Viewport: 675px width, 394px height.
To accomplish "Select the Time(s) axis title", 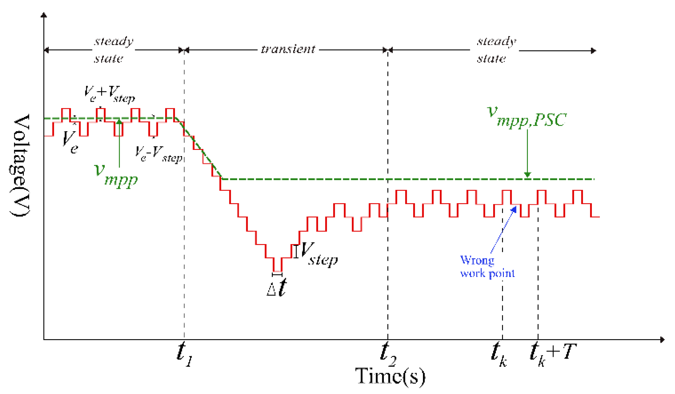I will tap(390, 377).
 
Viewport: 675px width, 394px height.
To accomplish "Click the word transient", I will tap(288, 49).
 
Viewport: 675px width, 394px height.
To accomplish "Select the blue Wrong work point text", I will tap(487, 267).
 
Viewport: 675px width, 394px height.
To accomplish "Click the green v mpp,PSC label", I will tap(526, 118).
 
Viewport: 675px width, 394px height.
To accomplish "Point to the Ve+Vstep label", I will tap(109, 94).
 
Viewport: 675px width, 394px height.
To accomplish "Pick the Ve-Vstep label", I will tap(159, 154).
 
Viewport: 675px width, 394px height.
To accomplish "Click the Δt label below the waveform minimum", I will tap(277, 288).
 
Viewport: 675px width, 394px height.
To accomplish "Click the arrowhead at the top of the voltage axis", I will tap(44, 15).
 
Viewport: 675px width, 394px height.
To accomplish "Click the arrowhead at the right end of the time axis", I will tap(662, 340).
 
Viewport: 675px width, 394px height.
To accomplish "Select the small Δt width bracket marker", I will tap(277, 275).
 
